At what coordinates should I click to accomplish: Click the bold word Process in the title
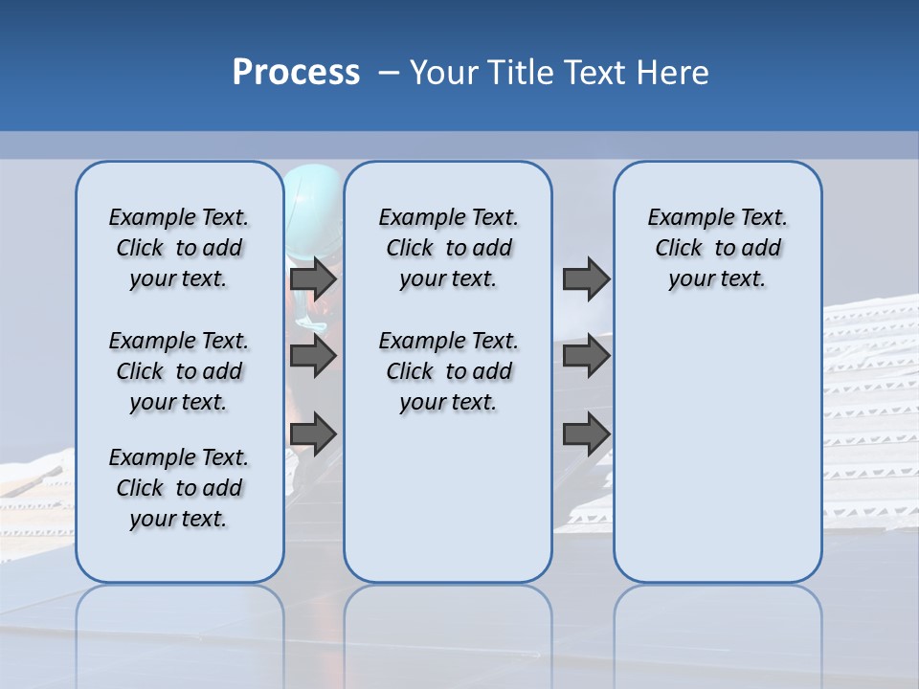(x=296, y=73)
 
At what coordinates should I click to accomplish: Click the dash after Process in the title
(x=388, y=74)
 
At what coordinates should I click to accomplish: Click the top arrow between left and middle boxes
(x=313, y=278)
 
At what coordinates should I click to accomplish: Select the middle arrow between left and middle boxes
(x=313, y=356)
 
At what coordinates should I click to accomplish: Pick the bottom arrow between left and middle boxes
(x=313, y=434)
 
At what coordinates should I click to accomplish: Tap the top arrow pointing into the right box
(x=586, y=278)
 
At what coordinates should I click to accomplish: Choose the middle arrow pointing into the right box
(x=586, y=356)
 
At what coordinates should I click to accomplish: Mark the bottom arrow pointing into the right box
(x=586, y=434)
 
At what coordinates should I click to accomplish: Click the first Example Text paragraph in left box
(x=179, y=248)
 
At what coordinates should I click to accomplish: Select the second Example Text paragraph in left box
(x=179, y=371)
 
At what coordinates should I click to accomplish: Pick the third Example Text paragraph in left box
(x=179, y=488)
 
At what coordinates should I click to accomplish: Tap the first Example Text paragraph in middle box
(x=448, y=248)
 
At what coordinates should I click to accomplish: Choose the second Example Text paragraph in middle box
(x=448, y=371)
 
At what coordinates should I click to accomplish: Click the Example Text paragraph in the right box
(x=717, y=248)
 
